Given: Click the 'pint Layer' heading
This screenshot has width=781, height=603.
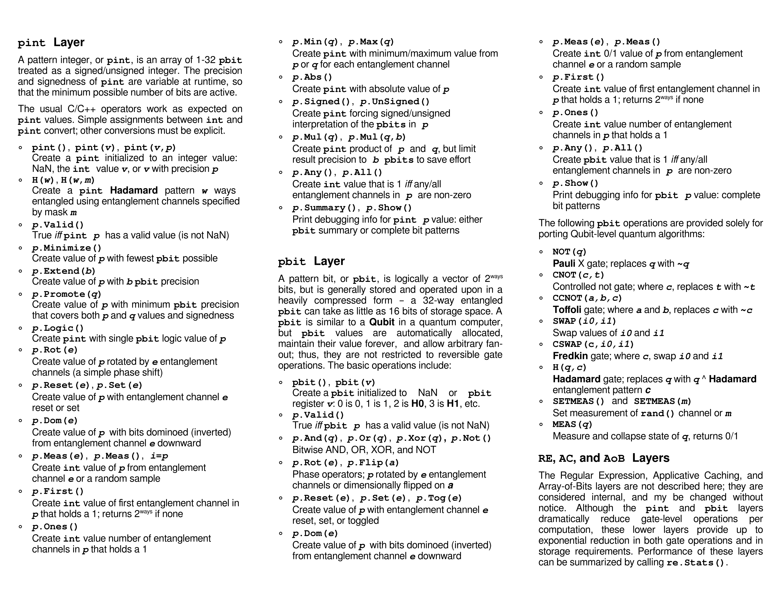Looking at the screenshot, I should coord(51,43).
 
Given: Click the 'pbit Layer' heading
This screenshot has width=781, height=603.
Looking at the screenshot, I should coord(311,262).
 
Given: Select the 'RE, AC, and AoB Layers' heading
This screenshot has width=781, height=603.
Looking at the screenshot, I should coord(604,458).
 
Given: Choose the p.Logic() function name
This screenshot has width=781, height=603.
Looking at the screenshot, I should coord(58,328).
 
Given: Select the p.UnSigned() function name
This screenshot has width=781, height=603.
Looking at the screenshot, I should coord(395,102).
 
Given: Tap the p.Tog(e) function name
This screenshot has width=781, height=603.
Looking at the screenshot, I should coord(439,498).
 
